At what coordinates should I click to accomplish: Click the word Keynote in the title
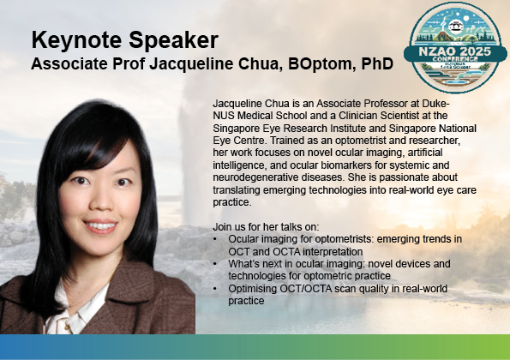77,40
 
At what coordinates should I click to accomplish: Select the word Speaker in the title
173,40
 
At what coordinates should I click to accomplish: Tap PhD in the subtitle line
377,63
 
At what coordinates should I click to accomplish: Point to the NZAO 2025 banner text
454,51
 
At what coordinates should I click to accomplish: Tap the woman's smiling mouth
100,226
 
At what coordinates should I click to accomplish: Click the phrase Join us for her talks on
266,226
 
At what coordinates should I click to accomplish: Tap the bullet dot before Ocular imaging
215,239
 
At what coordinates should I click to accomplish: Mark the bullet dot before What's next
215,264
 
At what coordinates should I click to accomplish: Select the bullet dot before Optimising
215,289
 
